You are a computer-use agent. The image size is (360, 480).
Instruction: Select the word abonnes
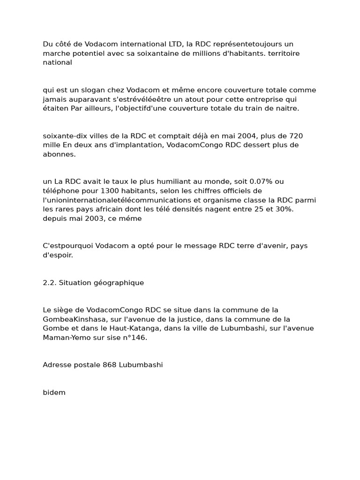point(59,154)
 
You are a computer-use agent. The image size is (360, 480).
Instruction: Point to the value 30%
point(283,209)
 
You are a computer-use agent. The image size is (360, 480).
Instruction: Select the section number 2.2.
point(49,283)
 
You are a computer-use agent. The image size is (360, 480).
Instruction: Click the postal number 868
point(110,365)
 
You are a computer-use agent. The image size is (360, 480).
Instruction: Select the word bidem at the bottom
point(54,392)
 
